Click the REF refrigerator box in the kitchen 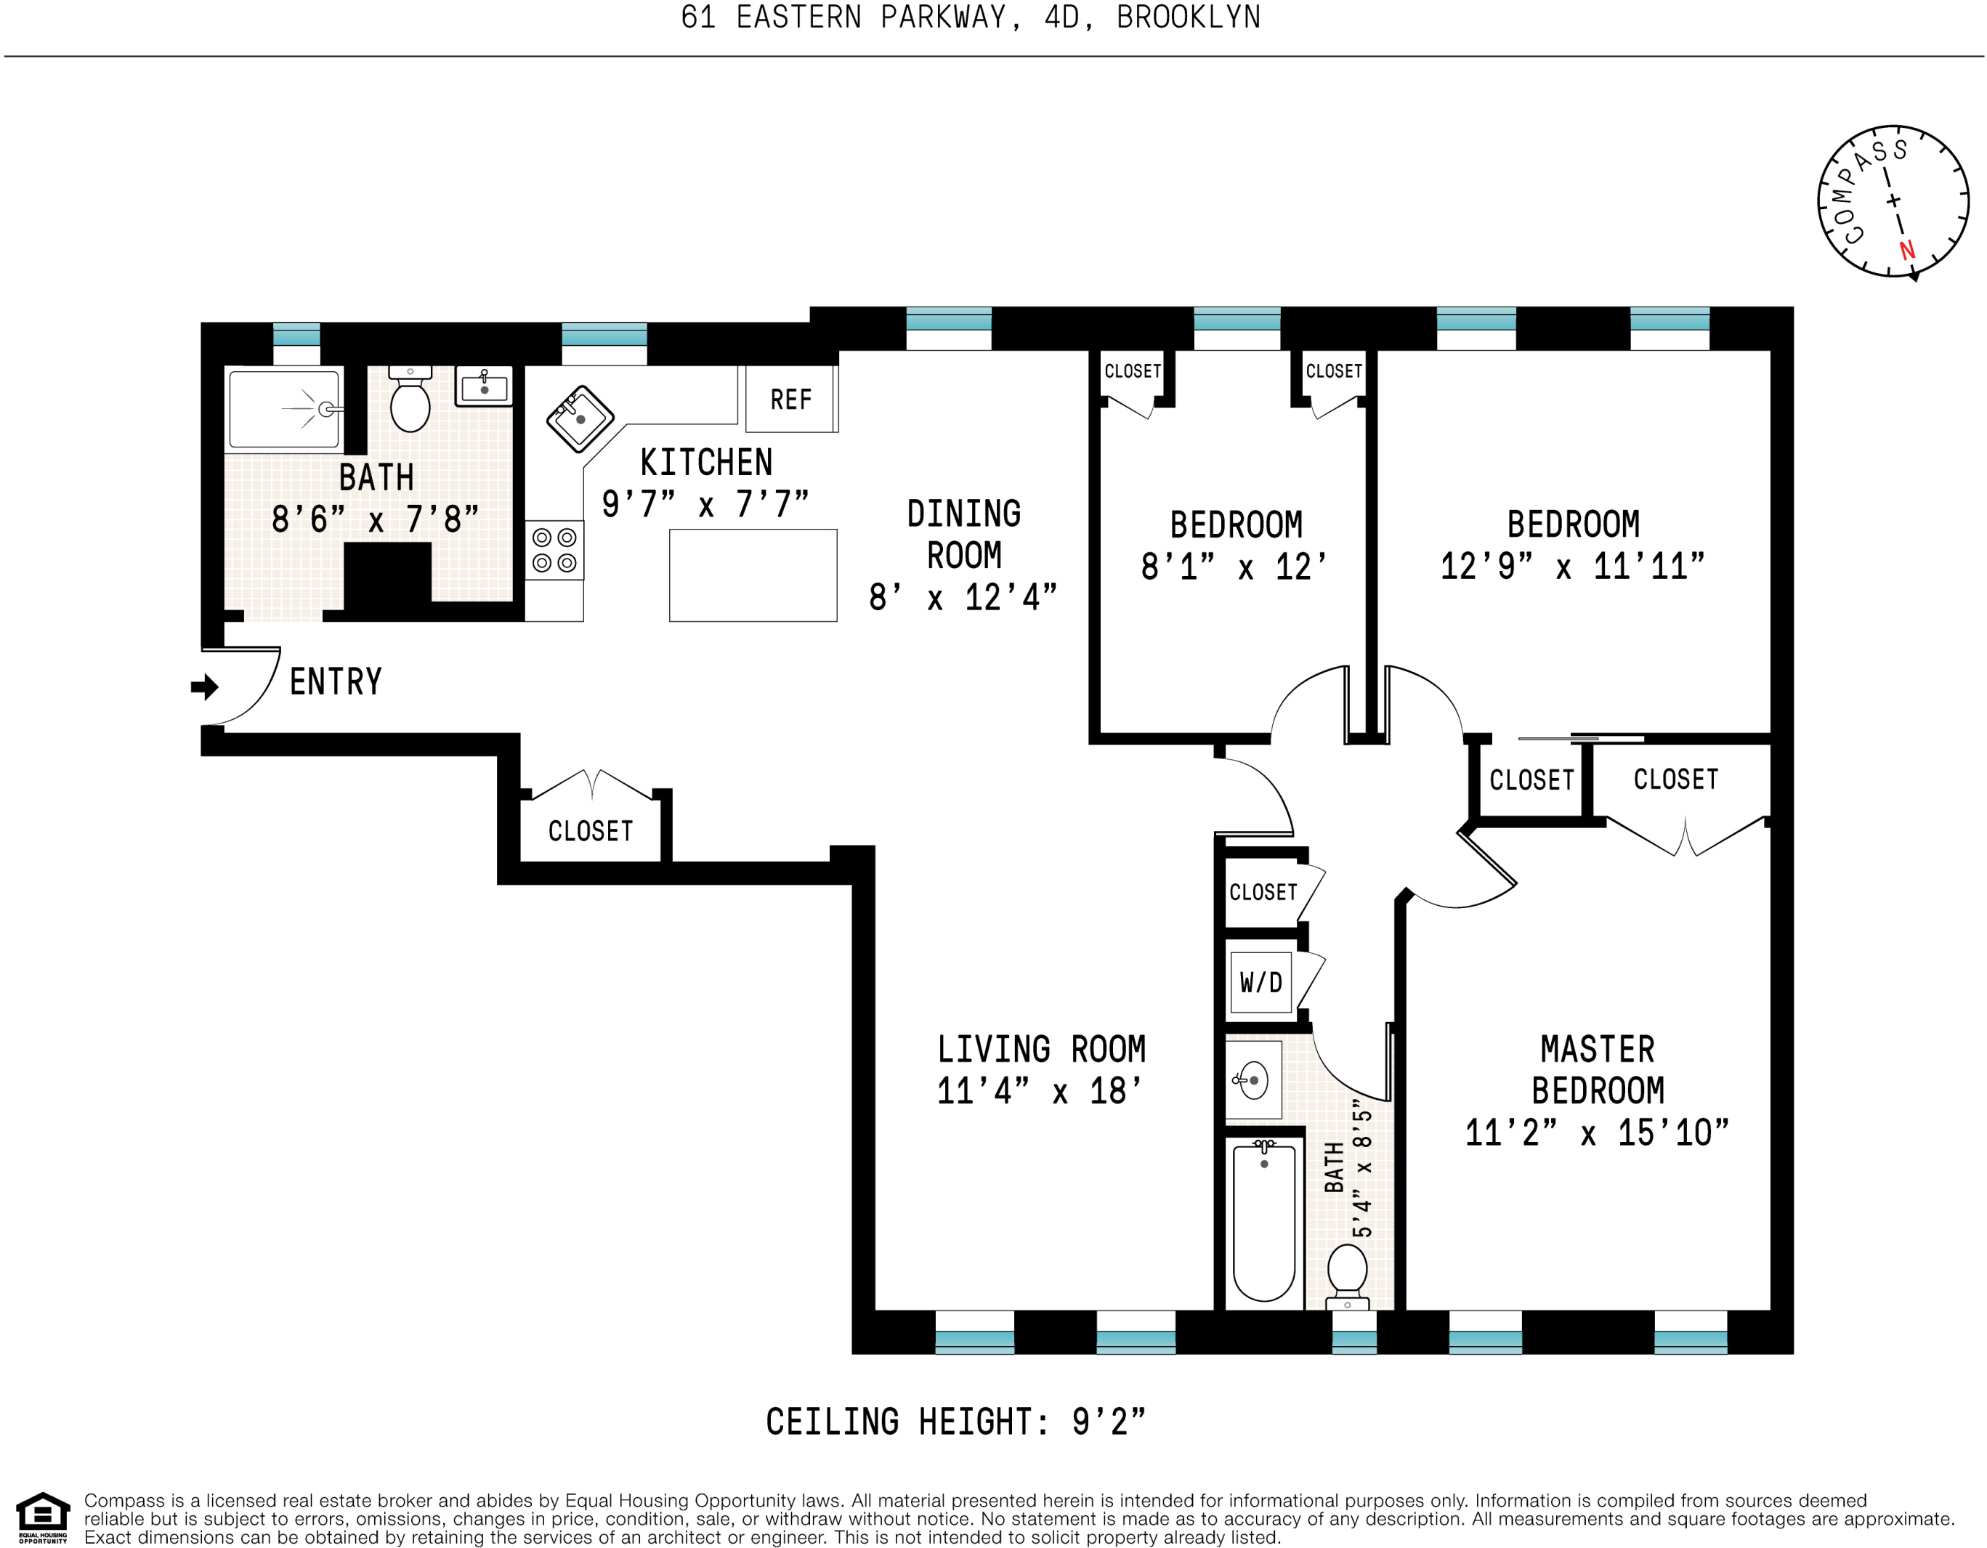pos(790,398)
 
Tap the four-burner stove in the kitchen pos(554,550)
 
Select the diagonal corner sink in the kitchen pos(580,419)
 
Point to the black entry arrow pos(205,686)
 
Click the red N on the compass pos(1907,249)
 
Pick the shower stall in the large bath pos(284,409)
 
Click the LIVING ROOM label pos(1041,1049)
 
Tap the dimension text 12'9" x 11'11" pos(1572,567)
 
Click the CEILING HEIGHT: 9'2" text pos(955,1422)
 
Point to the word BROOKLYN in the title pos(1188,17)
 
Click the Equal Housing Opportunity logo pos(43,1517)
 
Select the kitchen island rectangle pos(753,575)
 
